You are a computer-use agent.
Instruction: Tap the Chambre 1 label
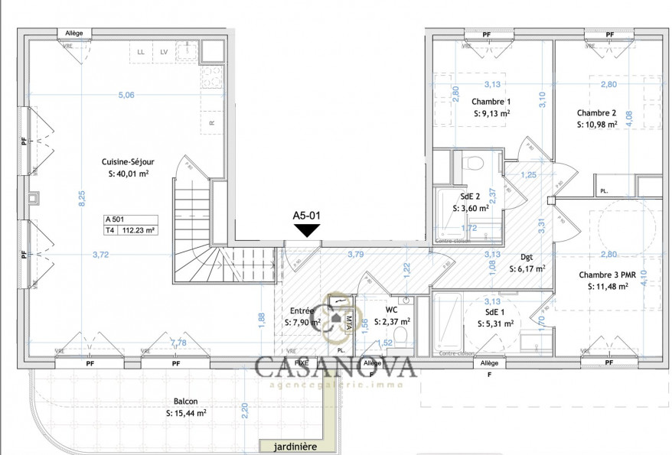pos(491,102)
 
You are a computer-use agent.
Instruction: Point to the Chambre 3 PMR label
pos(608,275)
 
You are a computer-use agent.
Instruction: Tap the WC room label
pos(392,310)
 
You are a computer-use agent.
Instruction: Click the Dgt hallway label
pos(527,258)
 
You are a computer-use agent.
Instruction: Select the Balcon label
pos(186,401)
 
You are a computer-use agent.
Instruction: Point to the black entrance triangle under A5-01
pos(307,230)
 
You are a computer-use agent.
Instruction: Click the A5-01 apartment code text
pos(307,216)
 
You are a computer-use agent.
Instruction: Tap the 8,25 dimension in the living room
pos(81,198)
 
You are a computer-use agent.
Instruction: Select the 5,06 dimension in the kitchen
pos(126,96)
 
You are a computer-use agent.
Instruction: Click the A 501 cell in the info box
pos(115,219)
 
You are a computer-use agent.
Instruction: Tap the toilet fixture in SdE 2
pos(472,163)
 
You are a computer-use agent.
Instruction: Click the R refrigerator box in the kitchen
pos(211,122)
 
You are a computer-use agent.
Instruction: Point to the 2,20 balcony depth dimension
pos(244,411)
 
